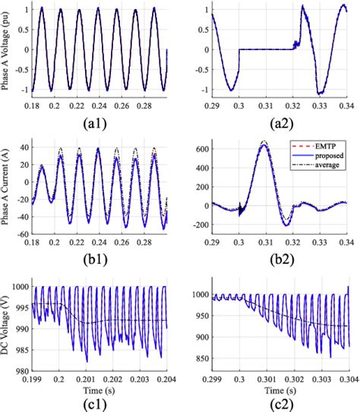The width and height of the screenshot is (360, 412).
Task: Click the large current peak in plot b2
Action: pyautogui.click(x=263, y=143)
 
